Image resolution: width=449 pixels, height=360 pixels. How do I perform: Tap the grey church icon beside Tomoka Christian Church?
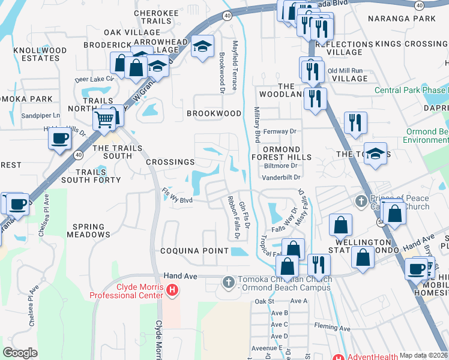coord(228,281)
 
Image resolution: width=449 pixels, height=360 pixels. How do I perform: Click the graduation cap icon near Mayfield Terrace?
coord(203,46)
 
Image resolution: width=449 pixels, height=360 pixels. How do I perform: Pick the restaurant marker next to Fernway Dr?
coord(355,122)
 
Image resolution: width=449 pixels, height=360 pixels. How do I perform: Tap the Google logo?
coord(20,352)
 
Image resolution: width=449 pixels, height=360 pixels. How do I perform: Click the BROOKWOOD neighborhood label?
coord(214,113)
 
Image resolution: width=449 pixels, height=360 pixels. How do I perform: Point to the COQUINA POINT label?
coord(194,251)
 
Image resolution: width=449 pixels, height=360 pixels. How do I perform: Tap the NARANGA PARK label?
coord(409,19)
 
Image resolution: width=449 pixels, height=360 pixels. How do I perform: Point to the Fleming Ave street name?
coord(333,328)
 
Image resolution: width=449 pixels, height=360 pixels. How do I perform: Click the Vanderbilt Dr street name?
coord(281,178)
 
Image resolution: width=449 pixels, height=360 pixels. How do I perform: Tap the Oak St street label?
coord(264,301)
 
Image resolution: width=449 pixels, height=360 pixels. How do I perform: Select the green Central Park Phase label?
coord(411,90)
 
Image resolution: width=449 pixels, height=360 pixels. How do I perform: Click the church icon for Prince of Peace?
coord(361,200)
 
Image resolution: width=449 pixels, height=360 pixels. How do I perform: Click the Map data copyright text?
coord(423,355)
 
